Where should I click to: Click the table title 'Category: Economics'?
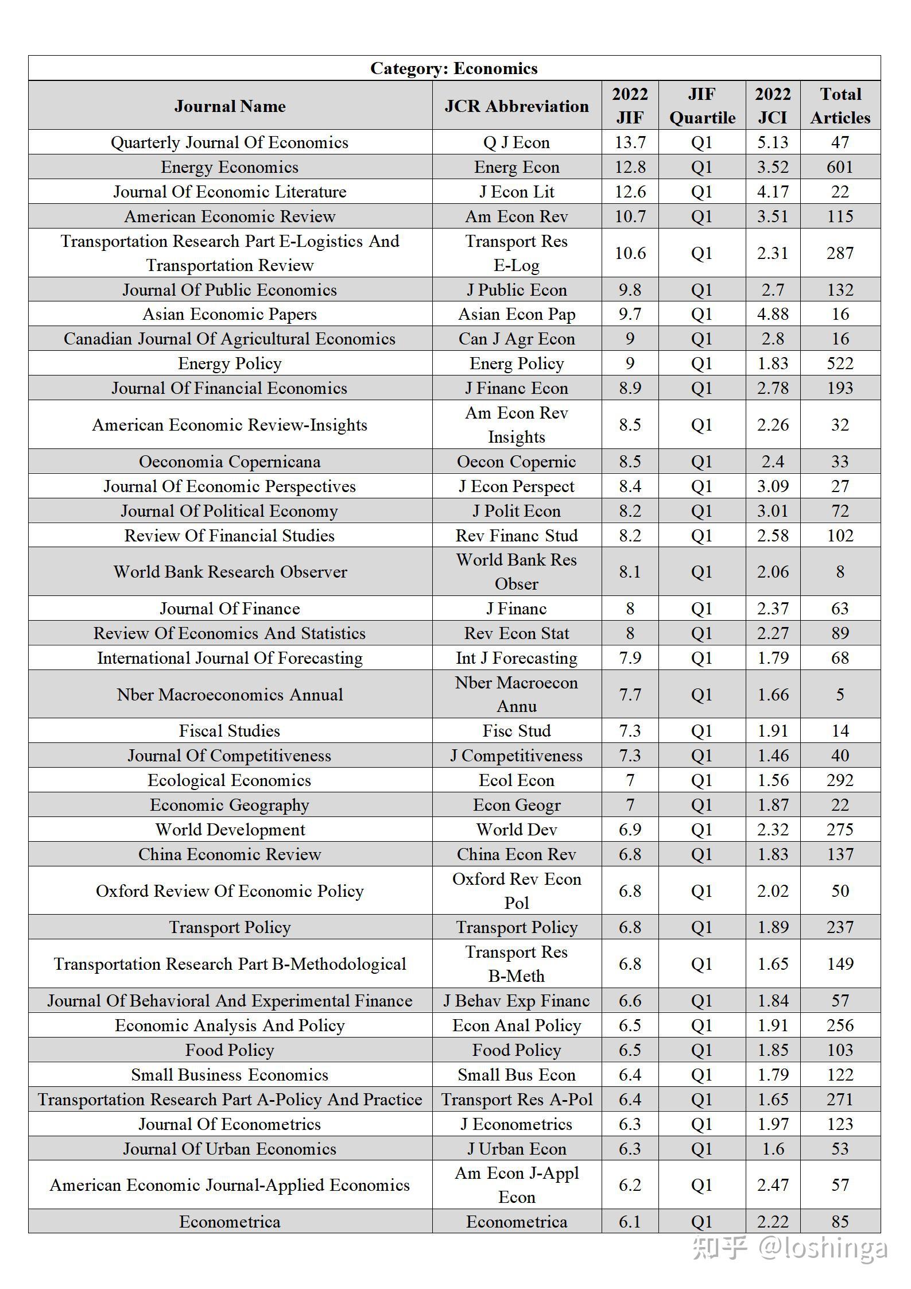tap(453, 68)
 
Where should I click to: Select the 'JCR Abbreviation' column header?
tap(516, 106)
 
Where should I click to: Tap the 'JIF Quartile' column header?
tap(701, 106)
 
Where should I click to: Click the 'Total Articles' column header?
tap(840, 106)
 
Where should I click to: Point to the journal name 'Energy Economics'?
tap(230, 167)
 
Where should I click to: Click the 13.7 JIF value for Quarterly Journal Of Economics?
tap(630, 142)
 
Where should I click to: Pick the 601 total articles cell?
tap(840, 167)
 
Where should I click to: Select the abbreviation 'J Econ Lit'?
tap(516, 192)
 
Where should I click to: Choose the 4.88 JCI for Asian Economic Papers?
tap(773, 314)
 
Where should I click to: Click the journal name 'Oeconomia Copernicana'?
tap(230, 462)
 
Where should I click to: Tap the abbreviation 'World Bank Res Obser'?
tap(516, 572)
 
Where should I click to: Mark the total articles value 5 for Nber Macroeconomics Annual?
tap(840, 695)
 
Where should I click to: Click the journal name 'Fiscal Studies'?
tap(230, 731)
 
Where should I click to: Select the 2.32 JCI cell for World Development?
tap(773, 830)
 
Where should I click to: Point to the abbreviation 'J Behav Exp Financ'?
tap(516, 1001)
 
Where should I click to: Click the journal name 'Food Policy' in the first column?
tap(230, 1050)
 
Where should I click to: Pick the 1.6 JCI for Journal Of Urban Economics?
tap(773, 1149)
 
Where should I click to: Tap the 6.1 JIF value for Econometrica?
tap(630, 1222)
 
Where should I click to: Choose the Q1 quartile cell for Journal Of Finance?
tap(701, 609)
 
